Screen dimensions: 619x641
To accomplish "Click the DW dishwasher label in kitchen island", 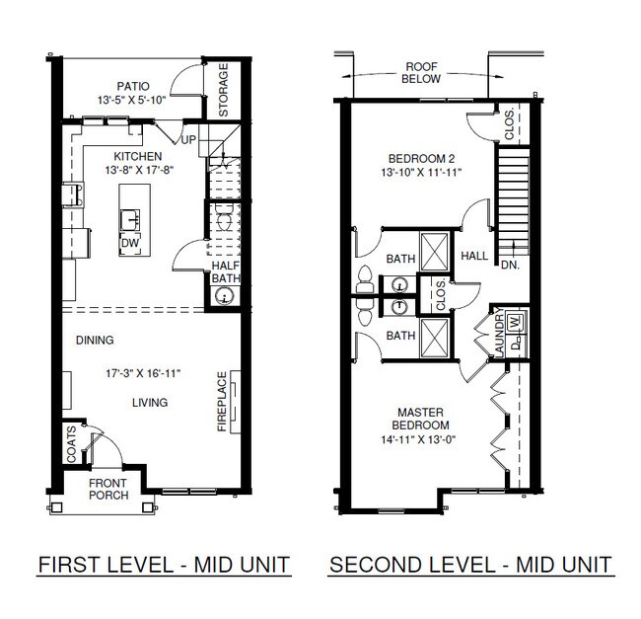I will point(129,243).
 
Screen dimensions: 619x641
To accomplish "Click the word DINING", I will point(96,341).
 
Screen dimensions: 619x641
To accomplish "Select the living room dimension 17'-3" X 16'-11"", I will point(149,373).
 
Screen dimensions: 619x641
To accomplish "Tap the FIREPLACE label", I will point(222,402).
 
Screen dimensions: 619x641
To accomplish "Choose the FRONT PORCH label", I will point(107,489).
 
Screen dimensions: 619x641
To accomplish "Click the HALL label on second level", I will point(474,256).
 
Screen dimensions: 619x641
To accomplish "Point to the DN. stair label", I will point(510,265).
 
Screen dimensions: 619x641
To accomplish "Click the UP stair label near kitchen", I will point(187,139).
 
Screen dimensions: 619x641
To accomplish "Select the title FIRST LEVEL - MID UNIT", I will point(163,566).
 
